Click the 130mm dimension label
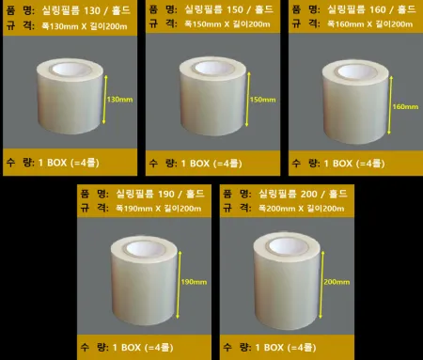point(120,99)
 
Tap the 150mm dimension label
point(261,99)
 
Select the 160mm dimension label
point(402,105)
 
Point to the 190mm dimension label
point(194,281)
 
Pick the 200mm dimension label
point(336,281)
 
